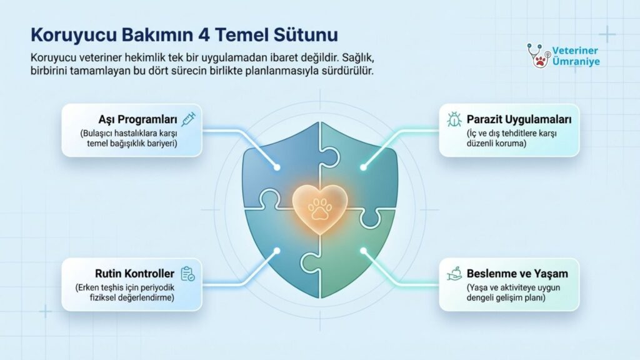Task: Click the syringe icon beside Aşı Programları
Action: (x=189, y=119)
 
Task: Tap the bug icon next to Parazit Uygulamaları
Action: (x=454, y=119)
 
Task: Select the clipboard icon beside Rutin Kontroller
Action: (x=187, y=274)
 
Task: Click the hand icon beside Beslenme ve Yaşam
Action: (x=454, y=274)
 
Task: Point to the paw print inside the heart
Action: (x=320, y=208)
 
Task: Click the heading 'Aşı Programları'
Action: (x=137, y=119)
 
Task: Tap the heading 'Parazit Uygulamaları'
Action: (x=519, y=119)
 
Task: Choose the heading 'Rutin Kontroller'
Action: (x=135, y=274)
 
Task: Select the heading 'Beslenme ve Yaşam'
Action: (x=517, y=274)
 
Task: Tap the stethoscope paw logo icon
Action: (x=538, y=56)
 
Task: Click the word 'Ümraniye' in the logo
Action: (x=576, y=62)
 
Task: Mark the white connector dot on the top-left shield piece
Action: (x=277, y=167)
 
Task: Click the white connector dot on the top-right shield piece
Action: (x=363, y=167)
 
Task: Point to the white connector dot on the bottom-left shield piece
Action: (x=277, y=251)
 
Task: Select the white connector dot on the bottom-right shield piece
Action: (x=363, y=251)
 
